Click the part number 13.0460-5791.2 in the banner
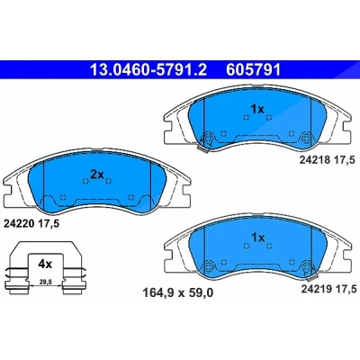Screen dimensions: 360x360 pyautogui.click(x=148, y=69)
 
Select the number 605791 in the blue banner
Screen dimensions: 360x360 pyautogui.click(x=254, y=69)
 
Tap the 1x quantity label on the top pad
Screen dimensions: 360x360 pyautogui.click(x=257, y=110)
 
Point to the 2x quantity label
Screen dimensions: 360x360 pyautogui.click(x=96, y=175)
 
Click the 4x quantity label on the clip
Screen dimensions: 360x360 pyautogui.click(x=45, y=264)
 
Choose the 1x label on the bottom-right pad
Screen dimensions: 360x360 pyautogui.click(x=258, y=238)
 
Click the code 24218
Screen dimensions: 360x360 pyautogui.click(x=313, y=160)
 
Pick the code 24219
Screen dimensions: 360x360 pyautogui.click(x=316, y=289)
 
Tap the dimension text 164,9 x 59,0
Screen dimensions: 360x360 pyautogui.click(x=177, y=292)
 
